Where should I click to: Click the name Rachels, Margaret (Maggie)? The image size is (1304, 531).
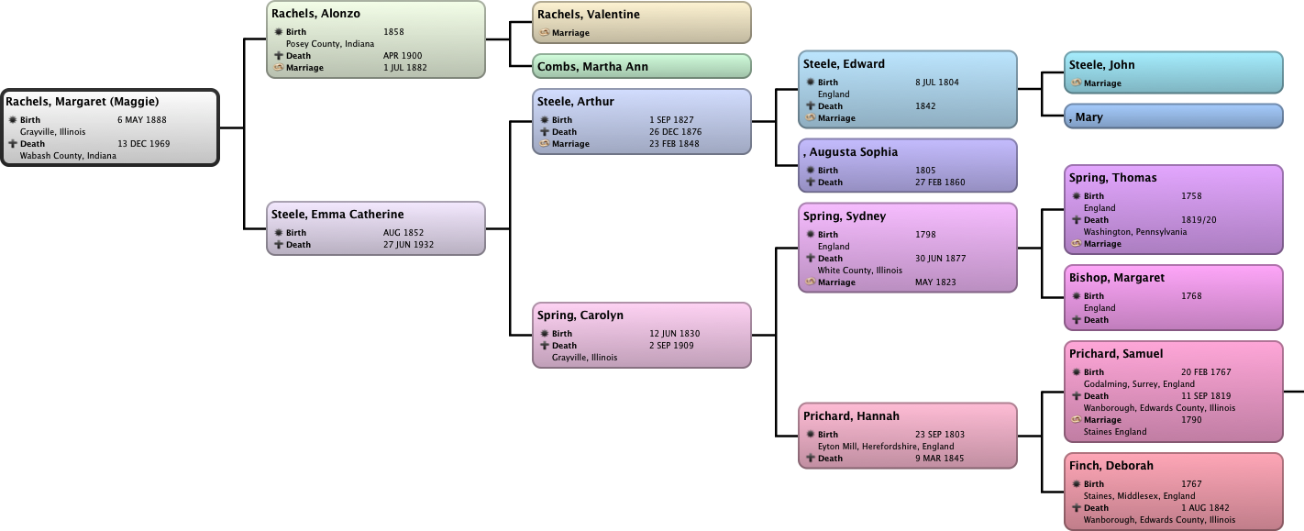(x=83, y=102)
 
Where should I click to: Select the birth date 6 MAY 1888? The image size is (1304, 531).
(x=142, y=120)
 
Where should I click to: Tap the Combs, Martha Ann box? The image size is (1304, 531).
(x=642, y=66)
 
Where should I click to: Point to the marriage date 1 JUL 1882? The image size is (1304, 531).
(x=405, y=68)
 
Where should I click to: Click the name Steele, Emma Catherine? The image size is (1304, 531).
(x=337, y=215)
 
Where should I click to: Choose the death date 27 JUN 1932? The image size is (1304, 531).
(x=408, y=245)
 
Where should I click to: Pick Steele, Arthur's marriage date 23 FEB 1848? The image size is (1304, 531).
(x=674, y=144)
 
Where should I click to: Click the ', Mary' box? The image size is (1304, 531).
(x=1174, y=116)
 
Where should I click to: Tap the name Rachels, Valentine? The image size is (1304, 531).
(x=589, y=15)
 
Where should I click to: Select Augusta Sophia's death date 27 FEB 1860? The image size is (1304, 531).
(x=940, y=183)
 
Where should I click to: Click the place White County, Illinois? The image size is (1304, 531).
(x=860, y=271)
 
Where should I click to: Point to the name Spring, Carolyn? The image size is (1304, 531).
(x=580, y=315)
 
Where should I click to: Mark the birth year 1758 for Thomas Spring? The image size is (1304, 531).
(x=1191, y=196)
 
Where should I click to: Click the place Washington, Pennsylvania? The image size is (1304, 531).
(x=1134, y=232)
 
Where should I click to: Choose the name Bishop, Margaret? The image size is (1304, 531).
(x=1117, y=278)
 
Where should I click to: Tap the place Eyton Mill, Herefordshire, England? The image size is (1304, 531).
(x=886, y=447)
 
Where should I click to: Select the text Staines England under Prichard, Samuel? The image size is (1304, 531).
(x=1115, y=432)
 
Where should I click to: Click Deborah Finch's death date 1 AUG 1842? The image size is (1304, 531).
(x=1205, y=508)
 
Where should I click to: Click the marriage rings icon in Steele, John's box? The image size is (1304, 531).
(x=1076, y=83)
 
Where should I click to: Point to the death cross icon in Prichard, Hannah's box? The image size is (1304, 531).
(x=811, y=459)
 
